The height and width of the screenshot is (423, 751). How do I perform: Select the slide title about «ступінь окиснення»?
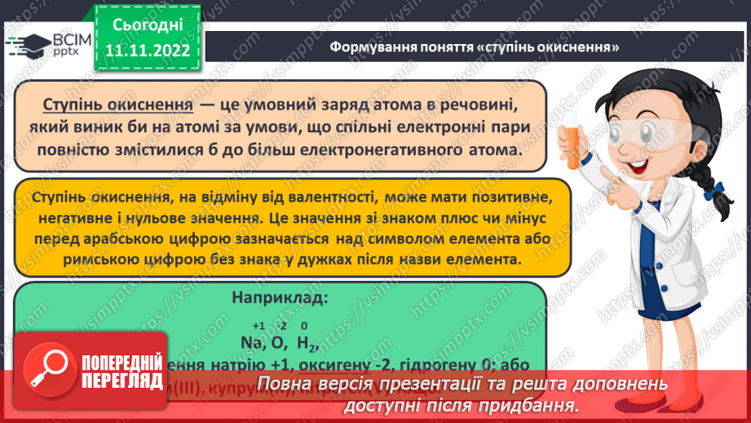click(x=475, y=47)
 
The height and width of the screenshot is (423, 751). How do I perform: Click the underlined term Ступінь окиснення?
click(x=117, y=106)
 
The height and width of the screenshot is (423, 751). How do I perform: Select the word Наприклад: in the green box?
click(x=281, y=299)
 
